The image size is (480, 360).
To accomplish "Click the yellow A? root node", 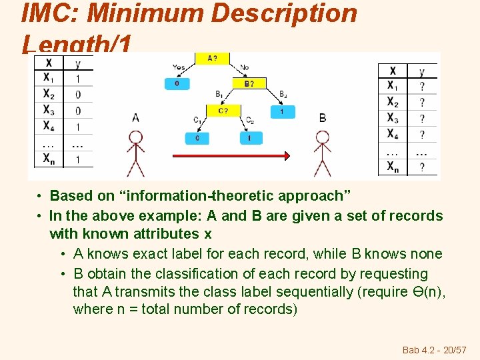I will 212,59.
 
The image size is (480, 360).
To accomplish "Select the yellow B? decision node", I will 248,84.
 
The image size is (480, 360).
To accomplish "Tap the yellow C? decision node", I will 223,111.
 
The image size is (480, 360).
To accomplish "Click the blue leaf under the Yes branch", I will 177,84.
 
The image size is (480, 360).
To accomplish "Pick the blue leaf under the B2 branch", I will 283,111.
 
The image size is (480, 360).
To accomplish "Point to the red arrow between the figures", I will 231,155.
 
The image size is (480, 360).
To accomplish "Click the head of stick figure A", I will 136,137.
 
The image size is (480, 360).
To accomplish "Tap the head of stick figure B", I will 323,137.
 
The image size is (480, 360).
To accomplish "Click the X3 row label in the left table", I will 49,110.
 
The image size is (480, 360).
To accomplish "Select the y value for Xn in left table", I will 77,160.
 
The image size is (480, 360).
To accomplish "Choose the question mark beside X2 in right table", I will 421,103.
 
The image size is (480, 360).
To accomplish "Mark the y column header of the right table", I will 421,71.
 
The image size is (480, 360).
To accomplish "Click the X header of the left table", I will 49,63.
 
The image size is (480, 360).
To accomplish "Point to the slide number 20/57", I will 453,350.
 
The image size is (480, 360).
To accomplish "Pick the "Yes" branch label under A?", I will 179,67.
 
